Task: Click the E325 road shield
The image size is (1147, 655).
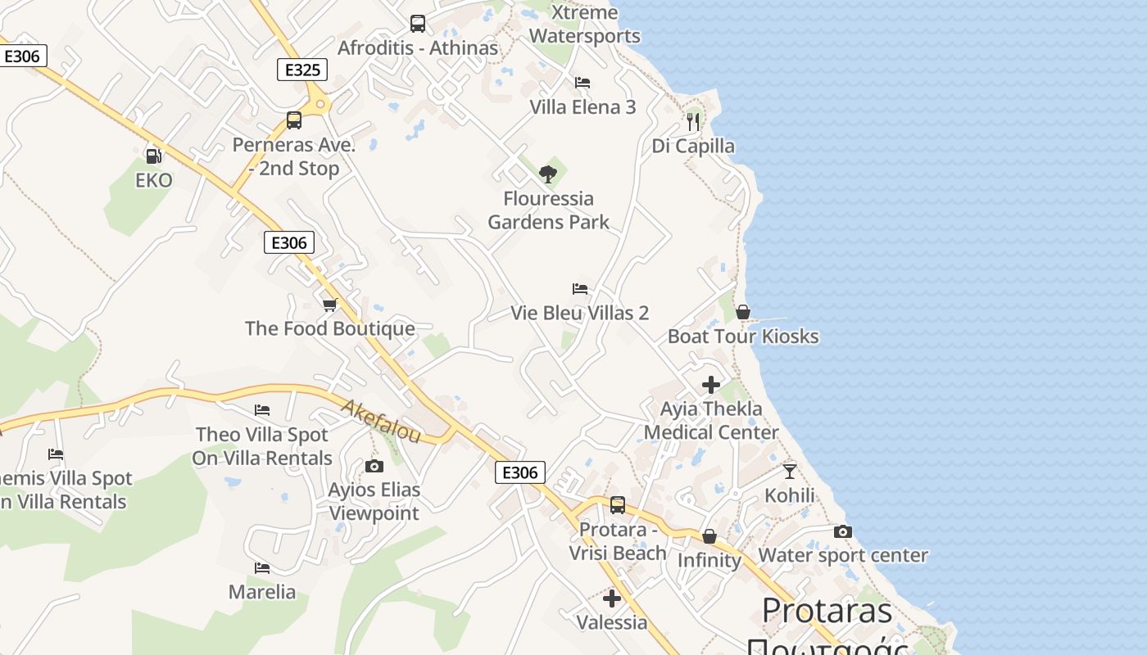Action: point(302,70)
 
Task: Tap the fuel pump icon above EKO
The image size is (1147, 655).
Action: point(153,156)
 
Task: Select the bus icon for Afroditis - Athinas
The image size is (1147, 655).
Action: point(418,24)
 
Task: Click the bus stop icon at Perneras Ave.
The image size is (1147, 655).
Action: point(294,120)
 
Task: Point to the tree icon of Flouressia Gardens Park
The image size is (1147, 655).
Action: point(548,174)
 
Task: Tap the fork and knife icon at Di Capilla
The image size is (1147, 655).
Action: point(693,122)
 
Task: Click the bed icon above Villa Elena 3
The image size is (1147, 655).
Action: point(583,83)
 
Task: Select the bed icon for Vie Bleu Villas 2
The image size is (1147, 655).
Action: point(580,289)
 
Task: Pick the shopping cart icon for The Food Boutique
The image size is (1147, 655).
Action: point(329,305)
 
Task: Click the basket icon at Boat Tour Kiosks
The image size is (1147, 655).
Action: point(743,312)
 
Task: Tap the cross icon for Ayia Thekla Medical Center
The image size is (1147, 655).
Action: point(711,384)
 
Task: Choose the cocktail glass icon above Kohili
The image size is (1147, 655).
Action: point(789,471)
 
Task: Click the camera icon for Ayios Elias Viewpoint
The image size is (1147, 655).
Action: point(374,466)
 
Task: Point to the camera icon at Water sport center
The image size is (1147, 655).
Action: point(842,531)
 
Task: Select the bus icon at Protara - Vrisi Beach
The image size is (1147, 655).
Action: point(618,505)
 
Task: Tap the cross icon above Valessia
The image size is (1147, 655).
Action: point(611,598)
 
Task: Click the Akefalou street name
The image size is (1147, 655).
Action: point(380,421)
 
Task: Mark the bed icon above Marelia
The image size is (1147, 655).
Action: point(262,567)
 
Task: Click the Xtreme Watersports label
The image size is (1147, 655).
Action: point(584,25)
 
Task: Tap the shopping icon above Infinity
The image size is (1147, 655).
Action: point(710,536)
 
